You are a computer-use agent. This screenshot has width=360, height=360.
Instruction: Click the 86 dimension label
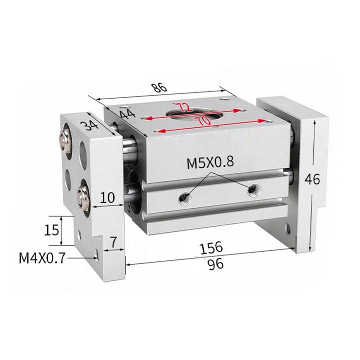(159, 87)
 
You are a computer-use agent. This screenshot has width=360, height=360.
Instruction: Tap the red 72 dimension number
(184, 107)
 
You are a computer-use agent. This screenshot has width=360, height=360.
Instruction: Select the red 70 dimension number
(202, 120)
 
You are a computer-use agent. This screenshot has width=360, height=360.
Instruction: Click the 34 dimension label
(90, 125)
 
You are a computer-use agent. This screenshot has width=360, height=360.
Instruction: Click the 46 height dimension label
(312, 179)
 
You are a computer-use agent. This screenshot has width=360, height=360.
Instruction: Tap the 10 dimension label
(107, 197)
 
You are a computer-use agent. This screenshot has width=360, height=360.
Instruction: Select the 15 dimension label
(51, 230)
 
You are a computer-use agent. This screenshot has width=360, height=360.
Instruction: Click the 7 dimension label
(113, 242)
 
